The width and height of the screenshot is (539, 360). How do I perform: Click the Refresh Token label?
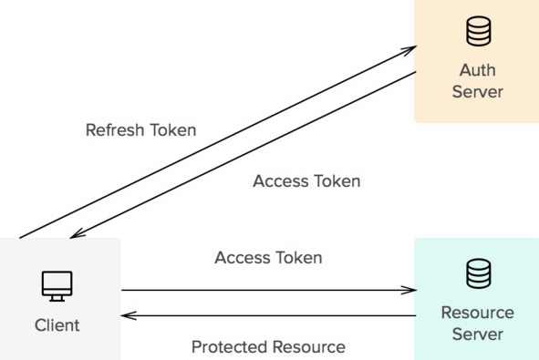(x=140, y=129)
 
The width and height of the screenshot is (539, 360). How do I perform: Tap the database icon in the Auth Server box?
(x=478, y=32)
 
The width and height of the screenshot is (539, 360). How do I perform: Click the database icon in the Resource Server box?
(x=478, y=273)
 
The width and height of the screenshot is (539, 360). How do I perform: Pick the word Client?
(x=57, y=324)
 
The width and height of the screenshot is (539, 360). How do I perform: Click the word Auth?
(x=478, y=71)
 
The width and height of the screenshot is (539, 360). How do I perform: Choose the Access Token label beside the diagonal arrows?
(x=306, y=180)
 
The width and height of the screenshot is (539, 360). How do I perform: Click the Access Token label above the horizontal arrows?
(x=268, y=258)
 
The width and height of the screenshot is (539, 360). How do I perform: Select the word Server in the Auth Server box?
(x=478, y=92)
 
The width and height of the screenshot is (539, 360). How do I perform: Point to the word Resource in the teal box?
(x=478, y=313)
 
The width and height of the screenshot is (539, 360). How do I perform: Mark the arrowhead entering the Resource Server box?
(x=410, y=291)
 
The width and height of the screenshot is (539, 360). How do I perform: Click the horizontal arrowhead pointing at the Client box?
(x=128, y=315)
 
